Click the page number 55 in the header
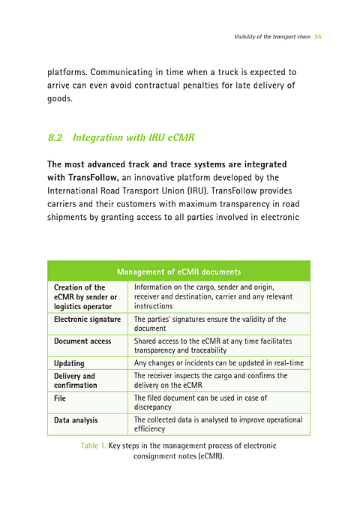coord(318,36)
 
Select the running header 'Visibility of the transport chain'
coord(272,36)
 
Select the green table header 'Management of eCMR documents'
coord(178,271)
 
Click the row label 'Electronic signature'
coord(87,320)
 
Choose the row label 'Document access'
coord(82,341)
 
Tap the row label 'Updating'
coord(69,363)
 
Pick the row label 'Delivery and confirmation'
coord(75,380)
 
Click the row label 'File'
coord(60,398)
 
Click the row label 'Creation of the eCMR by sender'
coord(85,296)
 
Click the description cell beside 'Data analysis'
coord(217,425)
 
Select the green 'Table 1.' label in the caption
coord(93,446)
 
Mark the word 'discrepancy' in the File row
coord(154,407)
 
